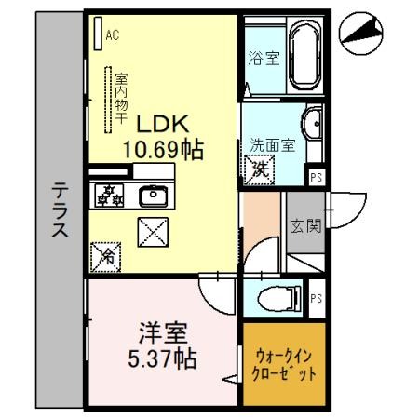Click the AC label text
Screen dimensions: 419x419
[113, 36]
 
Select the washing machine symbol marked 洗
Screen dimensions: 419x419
[259, 169]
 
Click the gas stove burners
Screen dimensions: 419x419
[110, 196]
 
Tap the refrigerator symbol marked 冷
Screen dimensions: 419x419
[106, 254]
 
